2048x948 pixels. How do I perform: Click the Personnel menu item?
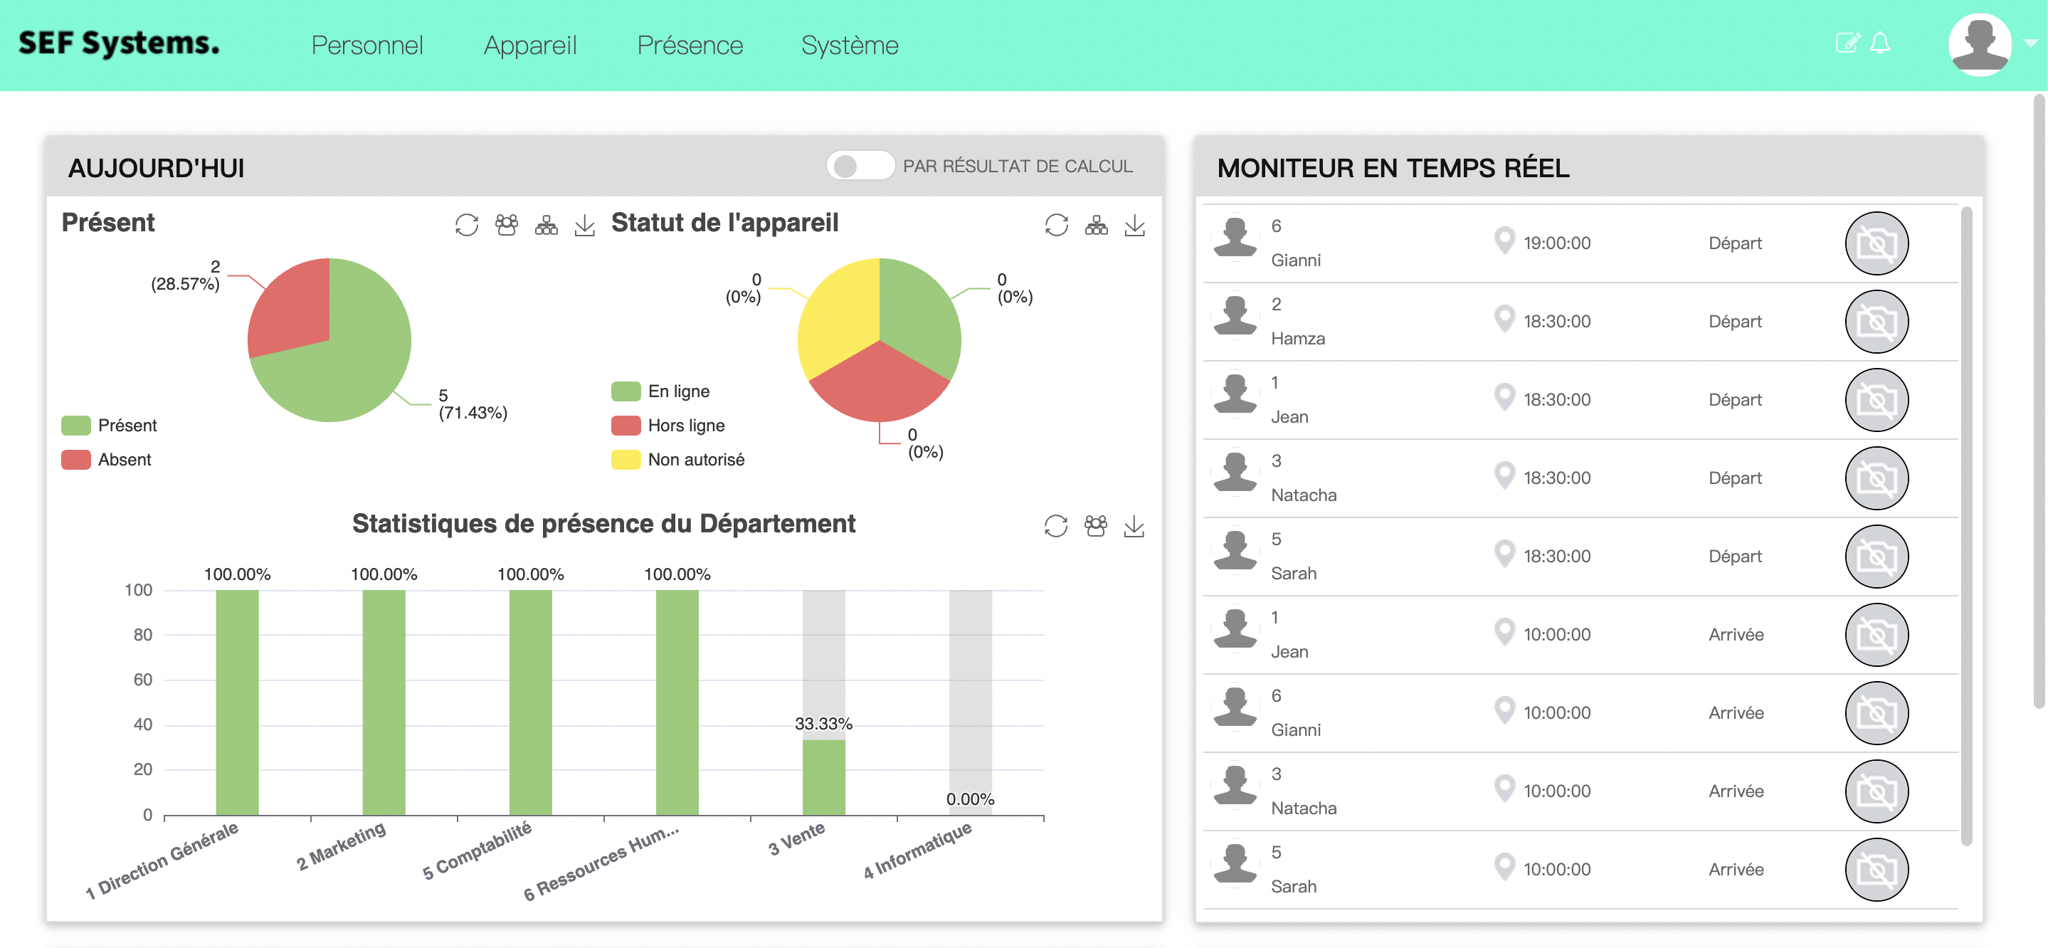366,46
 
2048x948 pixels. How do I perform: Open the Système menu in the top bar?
849,46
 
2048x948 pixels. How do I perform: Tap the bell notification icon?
1879,43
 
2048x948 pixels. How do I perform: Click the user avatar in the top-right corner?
1979,45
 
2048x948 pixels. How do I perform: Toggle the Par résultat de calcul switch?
860,165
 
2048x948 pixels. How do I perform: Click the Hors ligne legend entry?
685,426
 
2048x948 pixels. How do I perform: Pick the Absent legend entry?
124,460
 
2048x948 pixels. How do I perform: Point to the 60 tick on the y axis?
142,679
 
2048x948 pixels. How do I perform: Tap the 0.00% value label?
969,799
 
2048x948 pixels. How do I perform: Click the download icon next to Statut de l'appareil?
1134,226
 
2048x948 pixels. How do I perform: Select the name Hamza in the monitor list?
1297,339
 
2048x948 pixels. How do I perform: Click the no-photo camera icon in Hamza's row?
1876,321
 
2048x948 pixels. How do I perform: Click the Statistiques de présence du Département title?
603,523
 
